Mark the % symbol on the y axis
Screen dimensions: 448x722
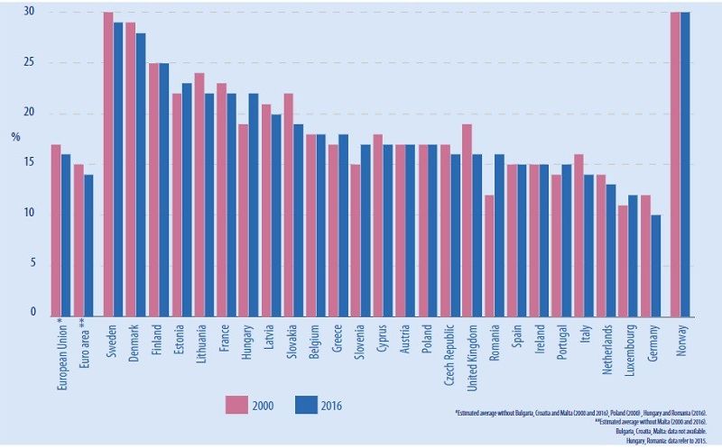coord(16,137)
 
